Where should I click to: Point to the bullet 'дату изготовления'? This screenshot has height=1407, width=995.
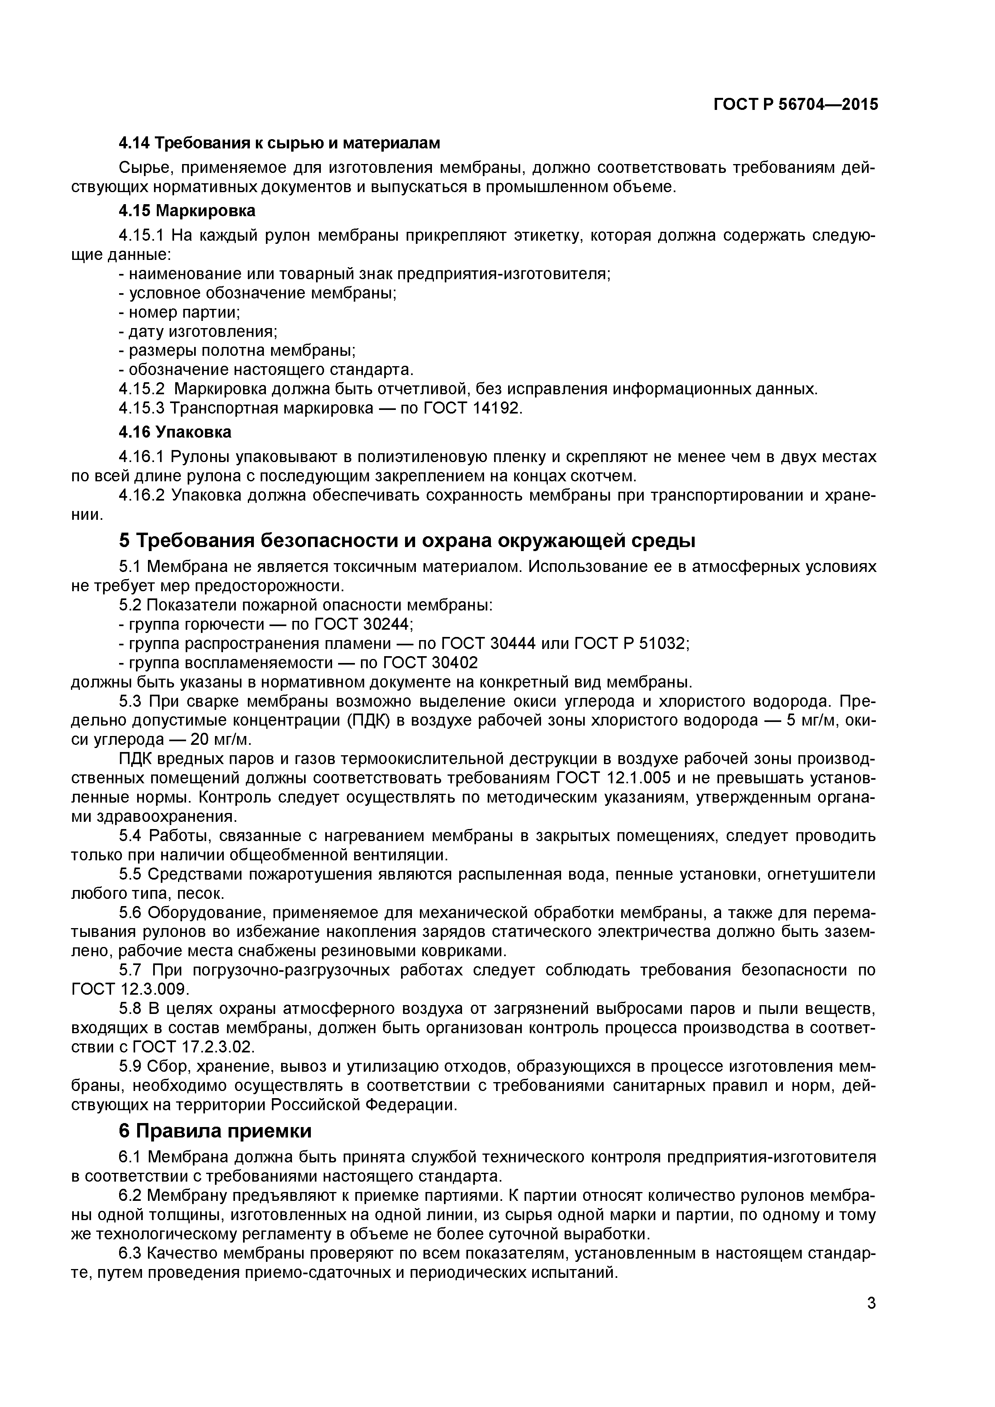(x=198, y=332)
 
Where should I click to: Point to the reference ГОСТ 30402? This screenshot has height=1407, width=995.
(x=430, y=663)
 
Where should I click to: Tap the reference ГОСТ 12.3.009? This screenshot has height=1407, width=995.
(x=130, y=990)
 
